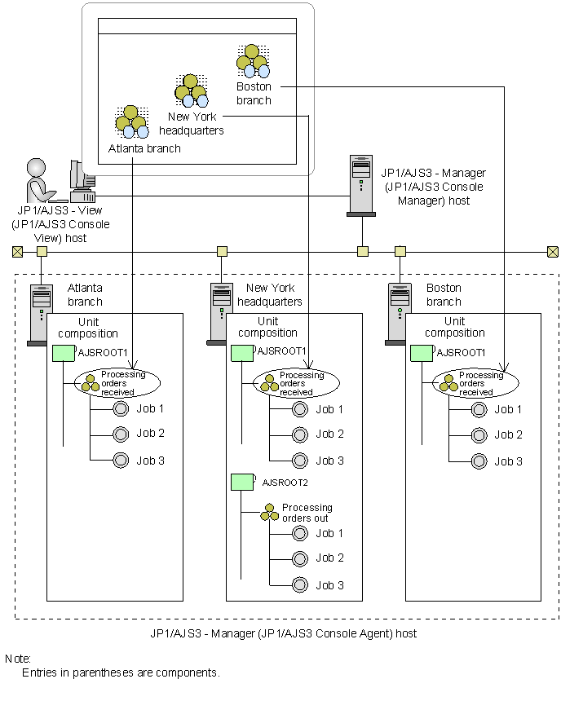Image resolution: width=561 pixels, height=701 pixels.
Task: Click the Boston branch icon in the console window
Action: [253, 61]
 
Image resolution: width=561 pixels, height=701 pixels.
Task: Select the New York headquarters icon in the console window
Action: [191, 90]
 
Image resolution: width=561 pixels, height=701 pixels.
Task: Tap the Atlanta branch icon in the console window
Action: [131, 121]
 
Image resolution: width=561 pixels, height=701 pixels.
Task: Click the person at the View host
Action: [37, 181]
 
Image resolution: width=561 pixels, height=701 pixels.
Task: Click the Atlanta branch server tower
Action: [39, 315]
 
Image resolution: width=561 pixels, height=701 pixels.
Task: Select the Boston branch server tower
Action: [399, 315]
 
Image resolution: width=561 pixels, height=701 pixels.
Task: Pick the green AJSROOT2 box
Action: [242, 482]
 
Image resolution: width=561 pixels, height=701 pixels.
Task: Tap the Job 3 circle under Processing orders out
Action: [300, 584]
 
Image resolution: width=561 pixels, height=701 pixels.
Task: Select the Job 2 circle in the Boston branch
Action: [479, 434]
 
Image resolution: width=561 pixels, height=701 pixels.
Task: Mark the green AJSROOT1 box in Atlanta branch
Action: [63, 353]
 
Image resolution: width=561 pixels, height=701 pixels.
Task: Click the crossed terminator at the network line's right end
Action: [553, 251]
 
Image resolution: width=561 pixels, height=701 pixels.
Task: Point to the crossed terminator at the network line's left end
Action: [17, 251]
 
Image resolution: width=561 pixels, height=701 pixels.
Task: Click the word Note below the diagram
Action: [17, 659]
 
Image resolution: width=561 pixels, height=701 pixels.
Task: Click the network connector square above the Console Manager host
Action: [363, 251]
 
